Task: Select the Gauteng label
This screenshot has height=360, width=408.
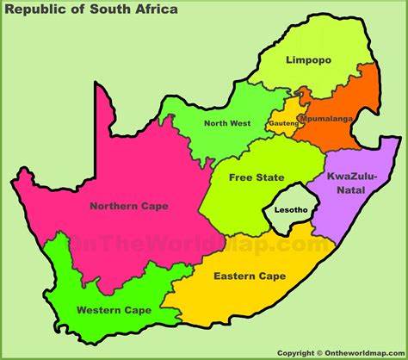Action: pos(283,123)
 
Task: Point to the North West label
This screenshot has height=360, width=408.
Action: pos(226,123)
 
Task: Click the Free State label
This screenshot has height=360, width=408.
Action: pos(256,177)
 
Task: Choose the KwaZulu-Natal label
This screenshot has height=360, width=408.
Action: pos(347,183)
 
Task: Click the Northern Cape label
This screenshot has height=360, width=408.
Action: pos(128,206)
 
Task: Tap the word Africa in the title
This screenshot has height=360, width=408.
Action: pos(154,9)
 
